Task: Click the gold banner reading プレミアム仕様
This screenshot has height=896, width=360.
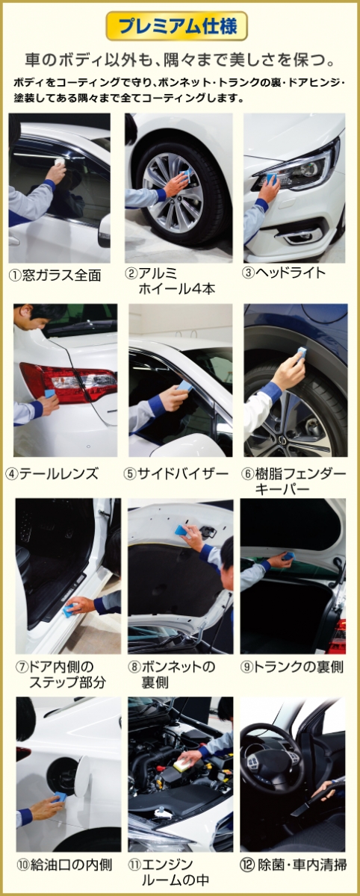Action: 177,26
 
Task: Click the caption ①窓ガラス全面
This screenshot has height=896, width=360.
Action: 55,276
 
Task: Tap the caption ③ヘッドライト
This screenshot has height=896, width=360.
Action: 284,273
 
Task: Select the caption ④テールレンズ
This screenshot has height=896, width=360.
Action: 52,474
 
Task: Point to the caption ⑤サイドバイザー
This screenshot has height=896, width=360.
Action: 176,474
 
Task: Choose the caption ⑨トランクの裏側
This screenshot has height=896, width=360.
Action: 292,667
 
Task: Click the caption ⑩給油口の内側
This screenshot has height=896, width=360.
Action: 64,865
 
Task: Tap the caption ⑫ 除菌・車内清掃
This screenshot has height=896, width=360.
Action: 294,865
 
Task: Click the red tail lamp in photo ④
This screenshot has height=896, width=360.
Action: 68,382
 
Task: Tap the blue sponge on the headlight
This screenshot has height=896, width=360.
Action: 273,181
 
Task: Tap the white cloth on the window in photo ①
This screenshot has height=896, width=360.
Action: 60,162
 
